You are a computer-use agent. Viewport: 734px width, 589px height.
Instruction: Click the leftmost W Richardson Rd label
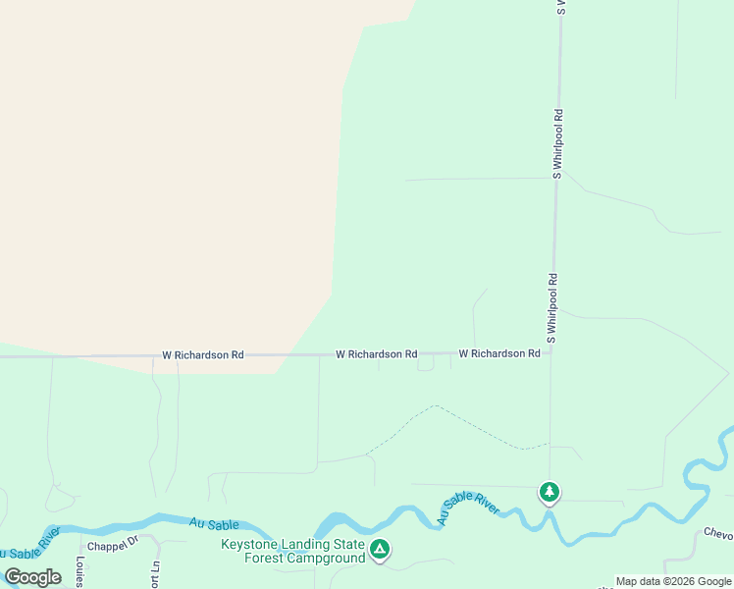tap(202, 354)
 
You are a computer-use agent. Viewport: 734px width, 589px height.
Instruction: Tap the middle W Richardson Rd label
tap(376, 353)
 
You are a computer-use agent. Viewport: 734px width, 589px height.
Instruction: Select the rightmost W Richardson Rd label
tap(499, 353)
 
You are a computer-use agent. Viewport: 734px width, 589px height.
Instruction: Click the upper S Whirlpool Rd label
tap(557, 144)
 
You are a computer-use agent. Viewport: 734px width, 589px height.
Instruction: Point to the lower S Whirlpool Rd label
tap(552, 307)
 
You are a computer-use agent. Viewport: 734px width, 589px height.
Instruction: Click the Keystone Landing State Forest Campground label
tap(292, 552)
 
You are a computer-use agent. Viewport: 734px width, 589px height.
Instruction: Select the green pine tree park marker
tap(550, 491)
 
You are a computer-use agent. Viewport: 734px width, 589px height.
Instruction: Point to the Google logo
tap(32, 577)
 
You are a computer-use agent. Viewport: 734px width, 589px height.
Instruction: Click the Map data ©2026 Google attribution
tap(673, 581)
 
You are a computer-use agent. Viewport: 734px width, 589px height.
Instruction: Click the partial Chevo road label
tap(718, 534)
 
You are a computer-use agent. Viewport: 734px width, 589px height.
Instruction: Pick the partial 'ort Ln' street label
tap(155, 574)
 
